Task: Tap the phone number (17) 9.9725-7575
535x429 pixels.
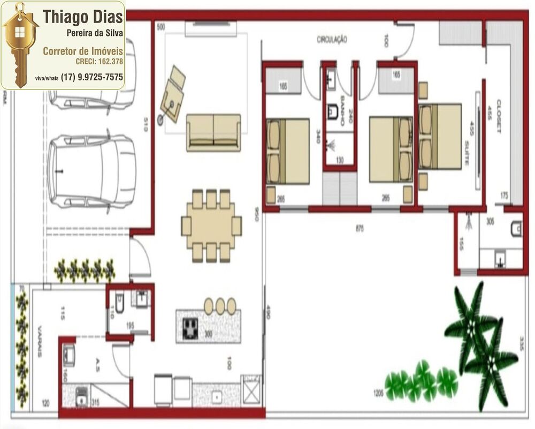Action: pyautogui.click(x=92, y=77)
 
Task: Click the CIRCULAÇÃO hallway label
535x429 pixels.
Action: pyautogui.click(x=332, y=40)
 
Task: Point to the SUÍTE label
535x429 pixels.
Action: pyautogui.click(x=467, y=153)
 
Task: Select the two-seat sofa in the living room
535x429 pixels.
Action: pyautogui.click(x=213, y=132)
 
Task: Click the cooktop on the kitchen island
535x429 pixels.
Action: pyautogui.click(x=190, y=328)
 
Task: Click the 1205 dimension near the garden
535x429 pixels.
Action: pyautogui.click(x=378, y=394)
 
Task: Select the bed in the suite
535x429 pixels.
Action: pyautogui.click(x=440, y=137)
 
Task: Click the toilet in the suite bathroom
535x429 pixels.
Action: pyautogui.click(x=516, y=230)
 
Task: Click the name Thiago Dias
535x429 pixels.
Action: pyautogui.click(x=83, y=17)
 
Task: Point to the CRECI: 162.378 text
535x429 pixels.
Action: pyautogui.click(x=99, y=62)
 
